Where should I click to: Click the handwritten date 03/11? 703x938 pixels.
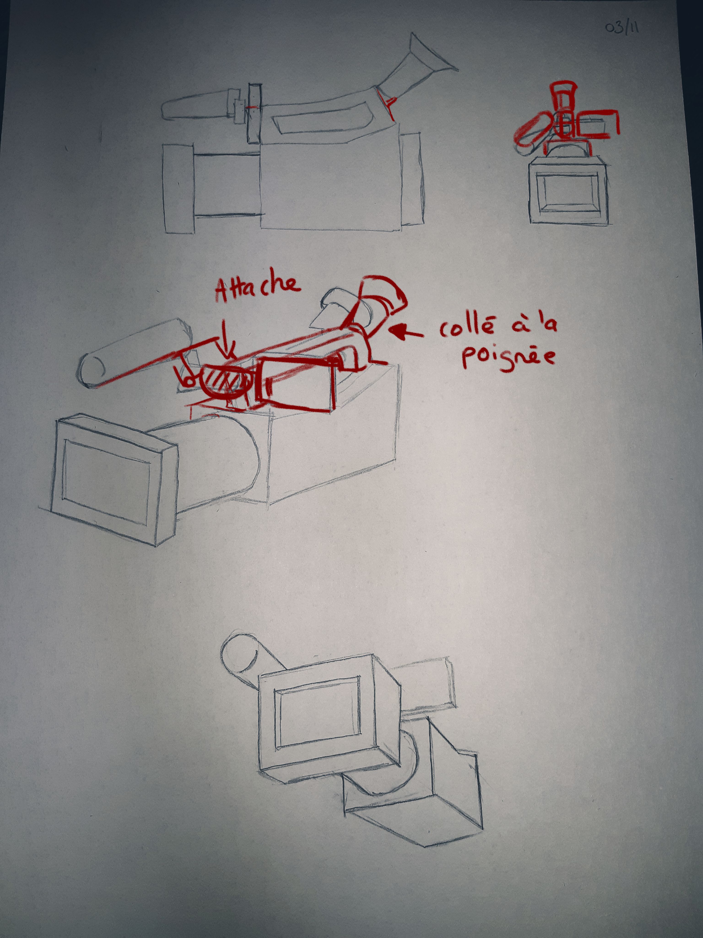click(x=622, y=28)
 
